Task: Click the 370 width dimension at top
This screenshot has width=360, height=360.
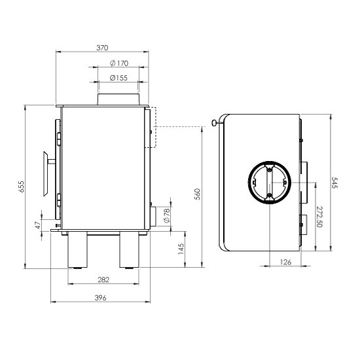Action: [102, 48]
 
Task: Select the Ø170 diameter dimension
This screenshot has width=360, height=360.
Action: [119, 63]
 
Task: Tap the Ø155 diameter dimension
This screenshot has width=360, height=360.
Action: [118, 78]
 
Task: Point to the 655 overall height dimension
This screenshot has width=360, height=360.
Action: [21, 187]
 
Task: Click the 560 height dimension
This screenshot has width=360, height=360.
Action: [198, 194]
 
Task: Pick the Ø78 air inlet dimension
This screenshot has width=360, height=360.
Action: [167, 215]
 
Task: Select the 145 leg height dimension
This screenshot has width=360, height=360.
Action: [181, 249]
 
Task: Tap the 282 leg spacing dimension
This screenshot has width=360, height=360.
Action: [103, 279]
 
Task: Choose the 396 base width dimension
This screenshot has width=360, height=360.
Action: [100, 298]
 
